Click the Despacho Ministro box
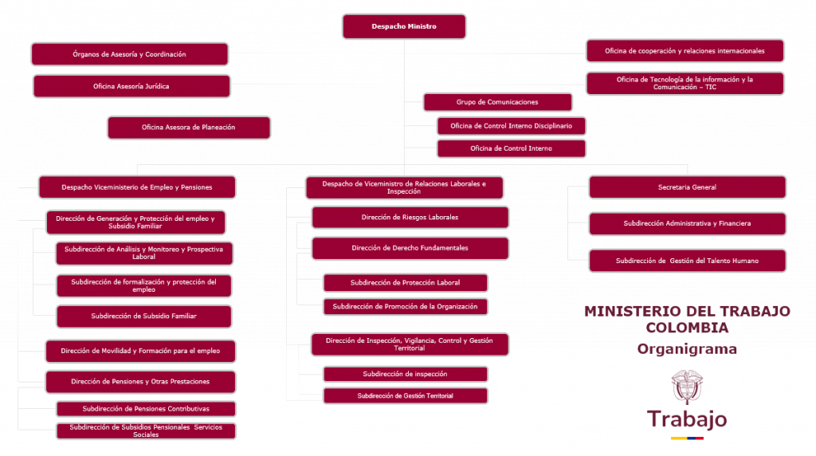(404, 26)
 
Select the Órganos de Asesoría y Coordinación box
(130, 54)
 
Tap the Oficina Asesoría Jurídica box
(131, 86)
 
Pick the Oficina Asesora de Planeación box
(189, 128)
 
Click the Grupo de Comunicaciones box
(497, 102)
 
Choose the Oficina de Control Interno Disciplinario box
(511, 126)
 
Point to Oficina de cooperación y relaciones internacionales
(685, 51)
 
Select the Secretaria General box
(687, 187)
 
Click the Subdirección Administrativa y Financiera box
(687, 224)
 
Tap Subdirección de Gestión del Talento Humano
(687, 261)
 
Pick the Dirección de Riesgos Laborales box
(410, 217)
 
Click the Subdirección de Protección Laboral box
(405, 283)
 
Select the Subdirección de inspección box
(405, 374)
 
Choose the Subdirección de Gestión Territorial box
(405, 395)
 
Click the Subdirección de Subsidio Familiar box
(143, 316)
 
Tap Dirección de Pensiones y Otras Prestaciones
(140, 382)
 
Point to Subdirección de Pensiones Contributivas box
(146, 409)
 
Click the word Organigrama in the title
(687, 349)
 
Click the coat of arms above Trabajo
(687, 387)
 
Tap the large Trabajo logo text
(687, 419)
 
